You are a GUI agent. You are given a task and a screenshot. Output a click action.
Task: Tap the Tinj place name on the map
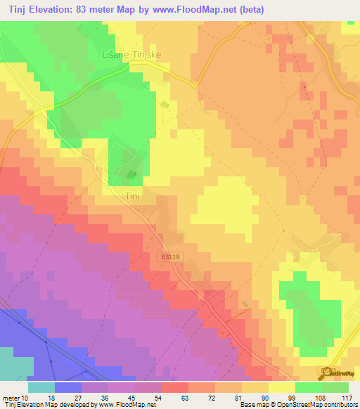[x=133, y=196]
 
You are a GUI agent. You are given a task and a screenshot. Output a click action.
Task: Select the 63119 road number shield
[x=169, y=258]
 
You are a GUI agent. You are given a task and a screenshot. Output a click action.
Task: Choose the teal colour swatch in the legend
[x=41, y=387]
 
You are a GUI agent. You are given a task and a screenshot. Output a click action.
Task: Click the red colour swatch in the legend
[x=174, y=387]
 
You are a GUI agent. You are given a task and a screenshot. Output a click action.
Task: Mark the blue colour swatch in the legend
[x=67, y=387]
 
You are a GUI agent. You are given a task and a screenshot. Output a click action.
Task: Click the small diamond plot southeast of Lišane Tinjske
[x=165, y=105]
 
